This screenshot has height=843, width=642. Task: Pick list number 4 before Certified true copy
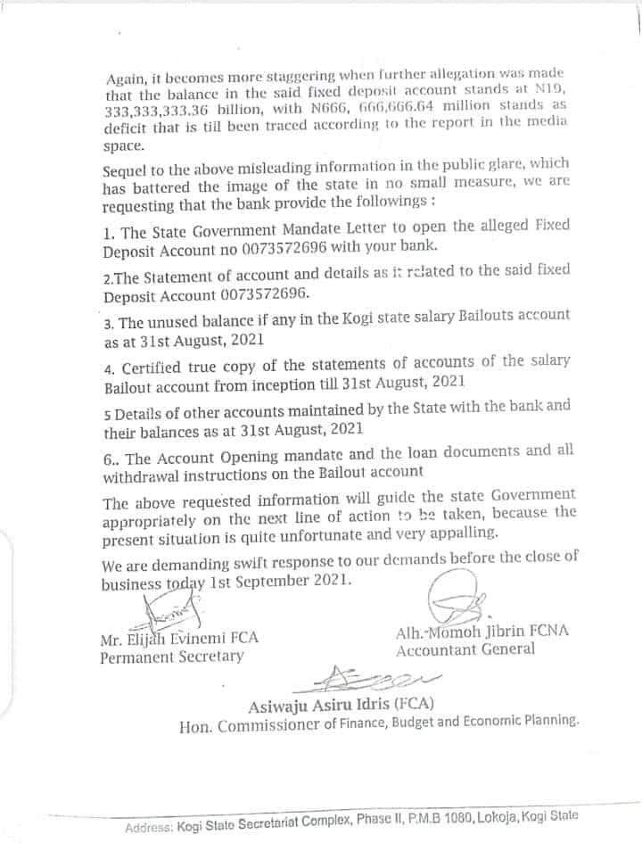[109, 367]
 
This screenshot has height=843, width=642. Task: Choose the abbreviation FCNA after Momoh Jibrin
[548, 632]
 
